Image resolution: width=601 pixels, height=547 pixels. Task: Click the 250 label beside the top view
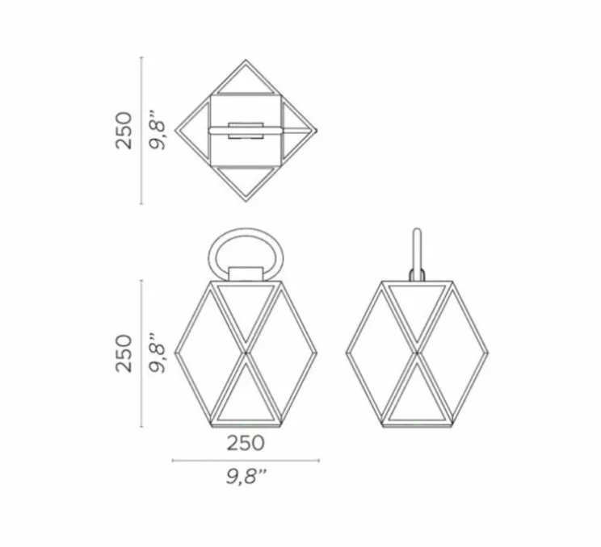123,130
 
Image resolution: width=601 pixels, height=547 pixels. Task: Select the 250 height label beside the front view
123,353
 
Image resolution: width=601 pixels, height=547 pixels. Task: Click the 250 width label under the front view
245,442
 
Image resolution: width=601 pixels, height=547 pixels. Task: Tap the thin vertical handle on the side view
418,250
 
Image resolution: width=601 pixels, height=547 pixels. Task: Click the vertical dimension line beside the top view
142,130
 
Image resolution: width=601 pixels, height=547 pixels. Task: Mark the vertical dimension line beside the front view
142,353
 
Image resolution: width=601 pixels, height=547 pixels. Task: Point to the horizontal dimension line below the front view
246,461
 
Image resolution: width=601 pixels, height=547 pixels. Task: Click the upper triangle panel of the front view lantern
245,311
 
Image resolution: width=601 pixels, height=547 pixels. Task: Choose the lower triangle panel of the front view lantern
245,395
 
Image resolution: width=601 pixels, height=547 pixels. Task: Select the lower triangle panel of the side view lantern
417,395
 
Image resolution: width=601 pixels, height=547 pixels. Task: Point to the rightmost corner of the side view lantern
490,353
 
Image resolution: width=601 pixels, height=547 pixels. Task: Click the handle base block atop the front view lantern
246,275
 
